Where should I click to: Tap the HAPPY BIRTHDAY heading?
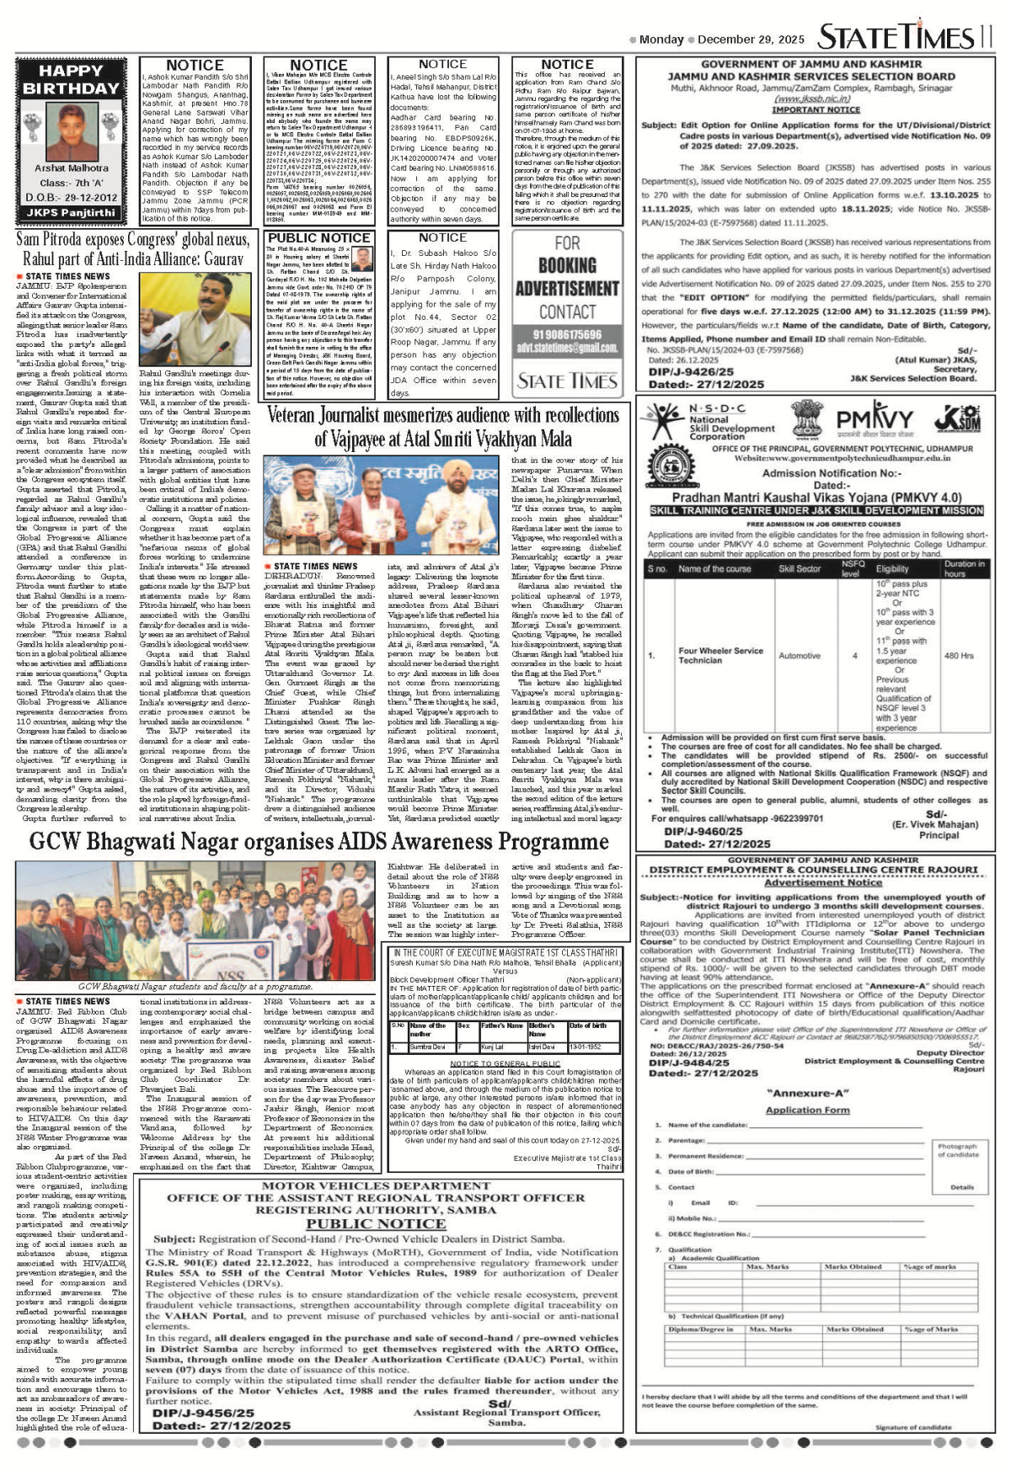click(x=71, y=80)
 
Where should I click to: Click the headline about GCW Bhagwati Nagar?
click(x=318, y=841)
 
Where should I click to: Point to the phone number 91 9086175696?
click(x=567, y=334)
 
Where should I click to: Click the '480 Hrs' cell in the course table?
click(x=959, y=655)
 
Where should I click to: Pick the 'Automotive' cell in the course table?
click(x=799, y=655)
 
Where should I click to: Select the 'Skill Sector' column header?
click(x=799, y=568)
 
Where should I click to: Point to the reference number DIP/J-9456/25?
click(x=203, y=1414)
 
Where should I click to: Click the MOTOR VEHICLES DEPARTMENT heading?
click(x=375, y=1186)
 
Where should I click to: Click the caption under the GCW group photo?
click(x=195, y=986)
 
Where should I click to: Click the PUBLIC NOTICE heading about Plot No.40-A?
click(x=318, y=238)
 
